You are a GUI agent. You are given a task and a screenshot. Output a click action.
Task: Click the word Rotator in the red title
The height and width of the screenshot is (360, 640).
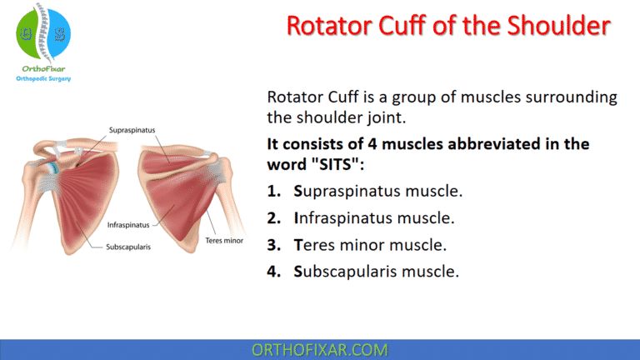327,26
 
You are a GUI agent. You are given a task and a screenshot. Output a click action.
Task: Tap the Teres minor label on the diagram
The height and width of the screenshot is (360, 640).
226,240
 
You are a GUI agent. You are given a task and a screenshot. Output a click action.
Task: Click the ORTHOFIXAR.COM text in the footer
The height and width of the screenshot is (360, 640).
320,348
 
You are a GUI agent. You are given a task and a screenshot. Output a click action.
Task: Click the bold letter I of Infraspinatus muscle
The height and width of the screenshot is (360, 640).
297,218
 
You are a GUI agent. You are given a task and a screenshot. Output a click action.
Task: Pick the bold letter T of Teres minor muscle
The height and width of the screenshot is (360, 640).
297,245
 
